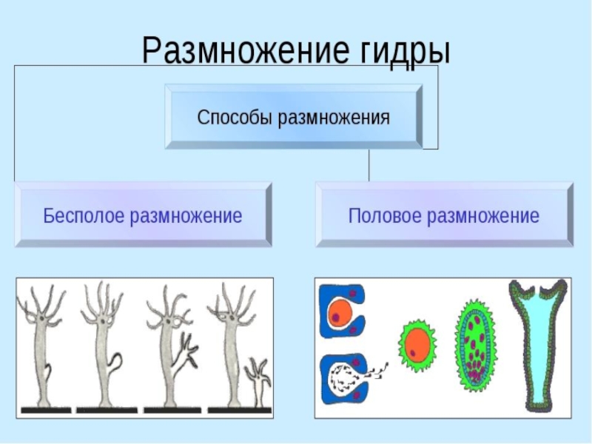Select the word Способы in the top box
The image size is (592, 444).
(x=235, y=118)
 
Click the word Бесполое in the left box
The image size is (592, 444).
(x=84, y=216)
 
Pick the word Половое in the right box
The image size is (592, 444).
(x=383, y=216)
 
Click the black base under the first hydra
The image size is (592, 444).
(x=46, y=409)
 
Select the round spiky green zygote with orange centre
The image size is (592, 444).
(x=417, y=344)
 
